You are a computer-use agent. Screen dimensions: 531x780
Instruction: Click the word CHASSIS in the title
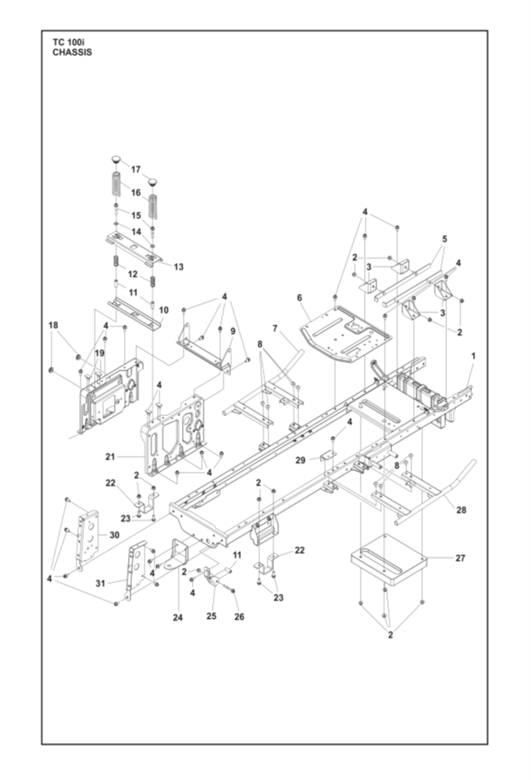(72, 52)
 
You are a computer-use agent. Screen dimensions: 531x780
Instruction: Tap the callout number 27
(460, 558)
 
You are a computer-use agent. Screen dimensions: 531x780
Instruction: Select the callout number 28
(461, 510)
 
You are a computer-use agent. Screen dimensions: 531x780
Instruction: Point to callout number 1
(474, 356)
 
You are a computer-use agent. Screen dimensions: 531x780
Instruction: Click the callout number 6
(299, 298)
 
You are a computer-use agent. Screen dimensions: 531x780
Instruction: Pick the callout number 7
(275, 328)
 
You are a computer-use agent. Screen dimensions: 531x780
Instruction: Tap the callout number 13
(178, 267)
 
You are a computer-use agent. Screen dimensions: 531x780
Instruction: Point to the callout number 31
(100, 583)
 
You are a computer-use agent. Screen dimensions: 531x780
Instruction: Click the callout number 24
(178, 617)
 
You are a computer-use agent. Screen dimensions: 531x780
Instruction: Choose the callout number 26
(239, 616)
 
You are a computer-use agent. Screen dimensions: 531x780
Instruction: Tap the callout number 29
(300, 460)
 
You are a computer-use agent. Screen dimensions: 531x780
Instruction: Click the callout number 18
(52, 325)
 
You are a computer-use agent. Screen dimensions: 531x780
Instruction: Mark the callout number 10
(163, 310)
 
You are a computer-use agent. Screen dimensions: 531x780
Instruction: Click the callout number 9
(233, 331)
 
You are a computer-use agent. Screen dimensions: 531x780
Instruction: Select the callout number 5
(445, 238)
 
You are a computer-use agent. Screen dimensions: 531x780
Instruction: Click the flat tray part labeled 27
(389, 562)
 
